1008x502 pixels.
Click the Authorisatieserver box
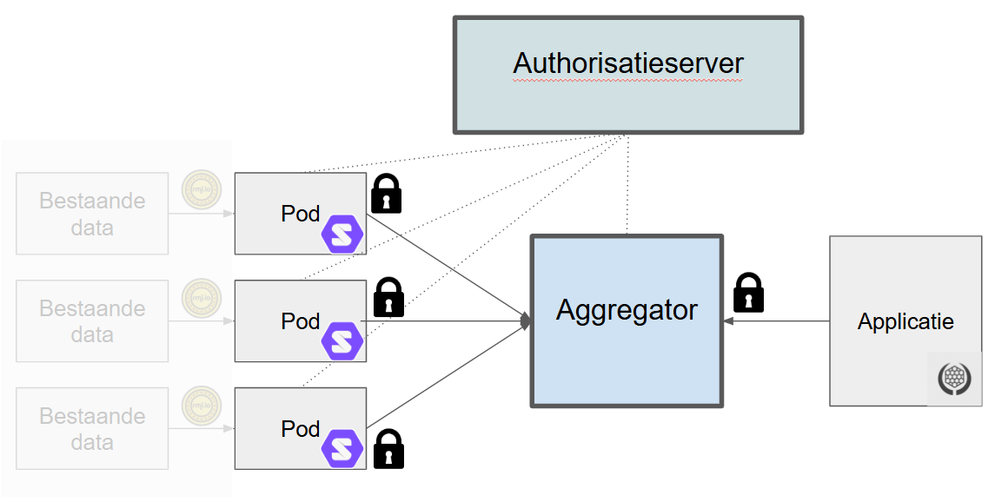coord(627,75)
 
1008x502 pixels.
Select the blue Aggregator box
coord(627,320)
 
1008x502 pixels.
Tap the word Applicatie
coord(905,322)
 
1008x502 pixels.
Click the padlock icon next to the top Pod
coord(387,194)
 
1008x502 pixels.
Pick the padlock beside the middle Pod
coord(388,298)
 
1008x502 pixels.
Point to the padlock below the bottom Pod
coord(388,449)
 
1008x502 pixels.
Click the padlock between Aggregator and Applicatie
coord(748,293)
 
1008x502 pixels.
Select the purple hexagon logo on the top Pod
coord(342,234)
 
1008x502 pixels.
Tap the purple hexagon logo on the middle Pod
coord(342,340)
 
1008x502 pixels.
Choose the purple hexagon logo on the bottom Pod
coord(342,449)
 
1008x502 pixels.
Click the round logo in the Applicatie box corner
coord(954,379)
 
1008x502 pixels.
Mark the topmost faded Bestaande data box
coord(92,214)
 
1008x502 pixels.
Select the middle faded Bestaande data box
coord(92,321)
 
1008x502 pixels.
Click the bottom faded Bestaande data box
coord(92,429)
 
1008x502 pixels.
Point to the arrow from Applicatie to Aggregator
coord(778,321)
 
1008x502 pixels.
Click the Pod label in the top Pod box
coord(300,214)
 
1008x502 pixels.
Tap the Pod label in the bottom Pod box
coord(300,429)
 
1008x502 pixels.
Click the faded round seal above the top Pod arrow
coord(201,190)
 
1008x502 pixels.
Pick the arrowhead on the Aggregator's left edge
coord(526,321)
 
